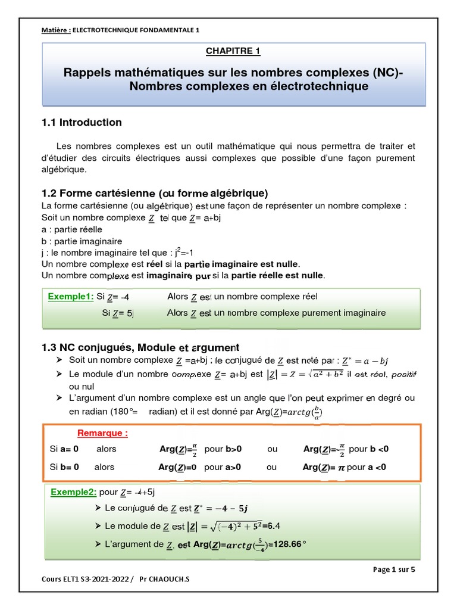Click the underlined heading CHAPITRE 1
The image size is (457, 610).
coord(233,51)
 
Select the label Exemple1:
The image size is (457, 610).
coord(71,297)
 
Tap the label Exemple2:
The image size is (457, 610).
coord(74,492)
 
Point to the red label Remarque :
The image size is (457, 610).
coord(102,433)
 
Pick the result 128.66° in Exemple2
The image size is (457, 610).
coord(289,544)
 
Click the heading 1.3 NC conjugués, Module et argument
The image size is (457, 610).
coord(140,347)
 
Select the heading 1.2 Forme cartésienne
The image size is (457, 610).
coord(155,194)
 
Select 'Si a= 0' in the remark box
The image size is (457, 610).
coord(65,449)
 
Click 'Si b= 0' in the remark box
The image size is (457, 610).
coord(65,468)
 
